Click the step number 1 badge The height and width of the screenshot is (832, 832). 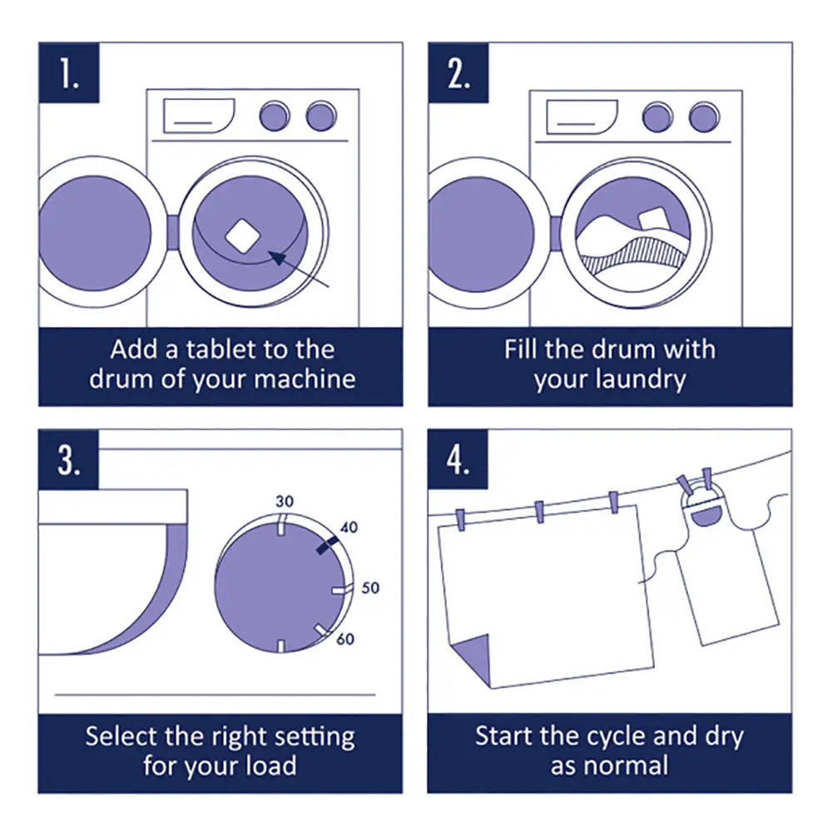69,73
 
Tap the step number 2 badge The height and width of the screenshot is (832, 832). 458,73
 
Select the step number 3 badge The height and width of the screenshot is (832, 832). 69,460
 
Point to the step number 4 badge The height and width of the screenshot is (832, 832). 458,460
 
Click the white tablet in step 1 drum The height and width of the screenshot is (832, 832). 243,235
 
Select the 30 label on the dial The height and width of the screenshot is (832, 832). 285,501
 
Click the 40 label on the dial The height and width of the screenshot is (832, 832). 349,527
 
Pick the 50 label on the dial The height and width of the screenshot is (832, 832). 370,587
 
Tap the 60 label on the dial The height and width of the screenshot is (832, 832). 345,639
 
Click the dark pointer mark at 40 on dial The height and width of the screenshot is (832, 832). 326,544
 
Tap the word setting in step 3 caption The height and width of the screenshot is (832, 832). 314,736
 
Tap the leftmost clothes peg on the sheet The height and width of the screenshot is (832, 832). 460,518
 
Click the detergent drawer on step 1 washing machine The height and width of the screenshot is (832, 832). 198,116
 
